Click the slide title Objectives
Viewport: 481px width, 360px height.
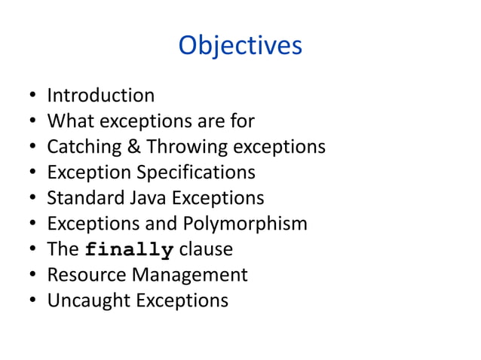[240, 46]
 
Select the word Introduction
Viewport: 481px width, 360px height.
[100, 96]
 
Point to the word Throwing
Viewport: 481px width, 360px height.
[179, 147]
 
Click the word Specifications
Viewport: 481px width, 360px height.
[196, 172]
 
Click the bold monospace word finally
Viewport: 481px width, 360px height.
[130, 250]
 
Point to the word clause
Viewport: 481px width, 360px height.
[206, 249]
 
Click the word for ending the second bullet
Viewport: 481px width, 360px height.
[245, 121]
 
